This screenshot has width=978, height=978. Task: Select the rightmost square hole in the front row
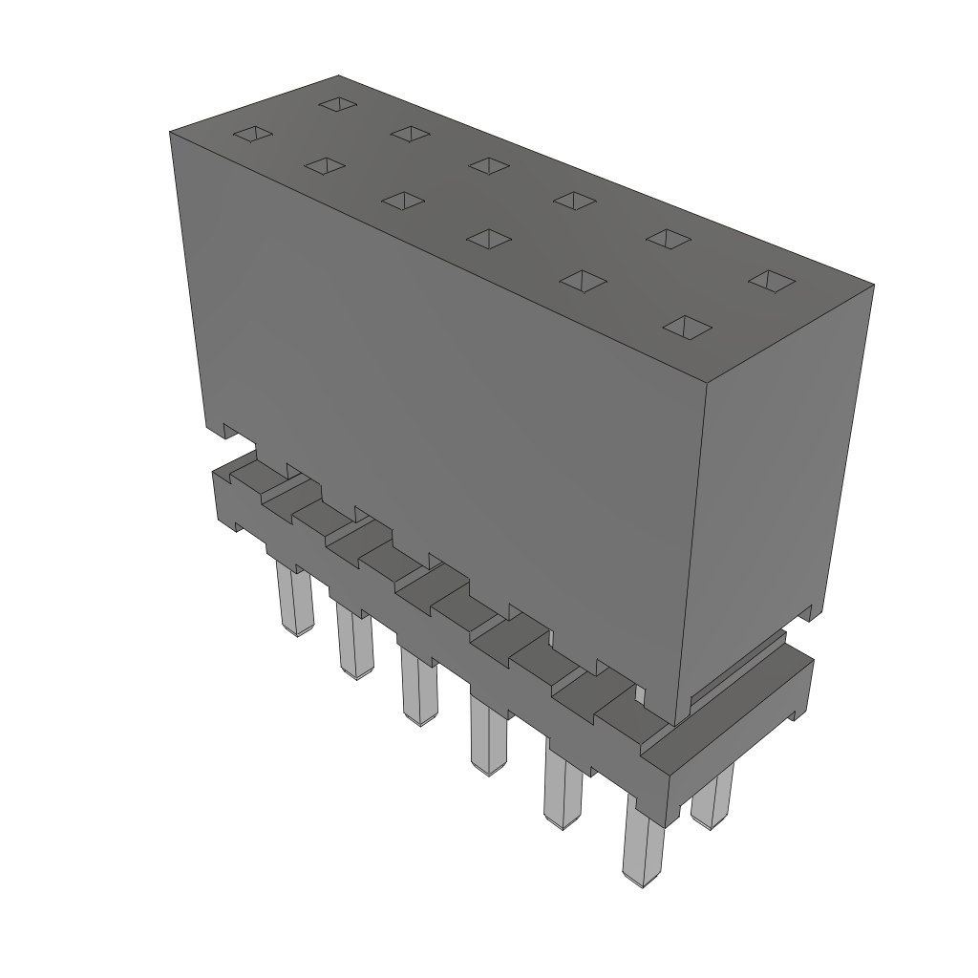[x=688, y=327]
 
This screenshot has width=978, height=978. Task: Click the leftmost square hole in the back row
[x=337, y=102]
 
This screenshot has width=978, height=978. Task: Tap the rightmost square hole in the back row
[x=771, y=280]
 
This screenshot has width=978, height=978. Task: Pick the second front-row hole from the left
[x=325, y=166]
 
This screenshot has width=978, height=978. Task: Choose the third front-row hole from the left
[x=403, y=200]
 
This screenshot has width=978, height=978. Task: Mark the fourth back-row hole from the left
[x=574, y=200]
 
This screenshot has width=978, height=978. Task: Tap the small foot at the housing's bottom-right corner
[x=810, y=611]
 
